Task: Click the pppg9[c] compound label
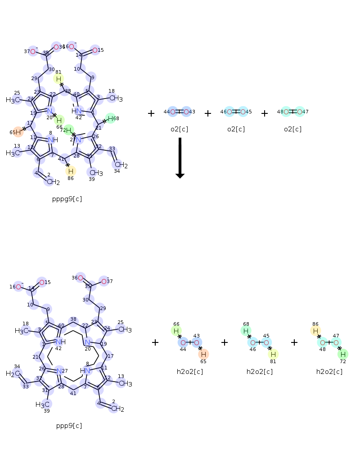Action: click(x=67, y=198)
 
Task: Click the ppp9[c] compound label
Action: click(x=69, y=425)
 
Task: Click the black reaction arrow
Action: click(x=180, y=157)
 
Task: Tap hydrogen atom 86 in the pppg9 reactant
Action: click(x=70, y=171)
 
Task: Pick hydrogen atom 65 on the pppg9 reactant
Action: click(x=18, y=132)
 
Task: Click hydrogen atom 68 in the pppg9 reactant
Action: click(x=110, y=118)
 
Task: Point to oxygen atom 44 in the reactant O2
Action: click(x=173, y=112)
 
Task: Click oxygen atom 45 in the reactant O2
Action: click(x=243, y=112)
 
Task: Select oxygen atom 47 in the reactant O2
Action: click(x=300, y=112)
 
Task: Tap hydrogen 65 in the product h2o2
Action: click(x=203, y=354)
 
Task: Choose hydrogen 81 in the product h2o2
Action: click(x=273, y=354)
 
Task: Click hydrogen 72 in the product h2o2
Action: click(x=343, y=354)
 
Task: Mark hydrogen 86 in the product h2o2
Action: click(x=316, y=331)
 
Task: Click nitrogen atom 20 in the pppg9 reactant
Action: click(x=50, y=111)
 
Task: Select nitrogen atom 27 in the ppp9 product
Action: click(x=59, y=371)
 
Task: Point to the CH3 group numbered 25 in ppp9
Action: click(x=125, y=330)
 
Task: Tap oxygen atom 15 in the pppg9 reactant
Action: click(x=94, y=50)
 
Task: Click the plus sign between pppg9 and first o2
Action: click(x=151, y=113)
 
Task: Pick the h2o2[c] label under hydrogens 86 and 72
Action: click(x=329, y=372)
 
